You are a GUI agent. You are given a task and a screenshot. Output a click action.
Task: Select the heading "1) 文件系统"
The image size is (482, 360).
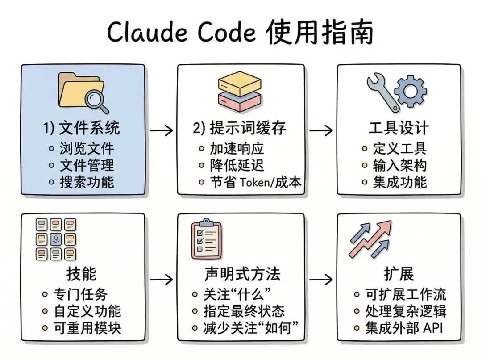pyautogui.click(x=82, y=129)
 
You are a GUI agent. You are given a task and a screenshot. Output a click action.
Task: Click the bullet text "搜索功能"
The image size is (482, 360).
pyautogui.click(x=87, y=182)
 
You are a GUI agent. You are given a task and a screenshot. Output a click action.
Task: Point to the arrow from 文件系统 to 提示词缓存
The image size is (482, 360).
pyautogui.click(x=161, y=130)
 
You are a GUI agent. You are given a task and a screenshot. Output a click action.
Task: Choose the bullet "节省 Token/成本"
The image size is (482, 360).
pyautogui.click(x=256, y=182)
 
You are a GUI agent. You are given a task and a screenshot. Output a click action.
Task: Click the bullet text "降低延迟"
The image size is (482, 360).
pyautogui.click(x=237, y=165)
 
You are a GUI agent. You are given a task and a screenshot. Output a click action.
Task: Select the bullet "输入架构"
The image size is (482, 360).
pyautogui.click(x=400, y=165)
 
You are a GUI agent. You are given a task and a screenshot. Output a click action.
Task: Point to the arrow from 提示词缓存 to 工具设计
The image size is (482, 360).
pyautogui.click(x=321, y=130)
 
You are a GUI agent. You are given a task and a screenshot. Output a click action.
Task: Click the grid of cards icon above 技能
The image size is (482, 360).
pyautogui.click(x=56, y=239)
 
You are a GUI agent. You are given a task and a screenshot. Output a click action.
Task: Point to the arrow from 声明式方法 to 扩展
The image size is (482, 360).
pyautogui.click(x=321, y=280)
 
